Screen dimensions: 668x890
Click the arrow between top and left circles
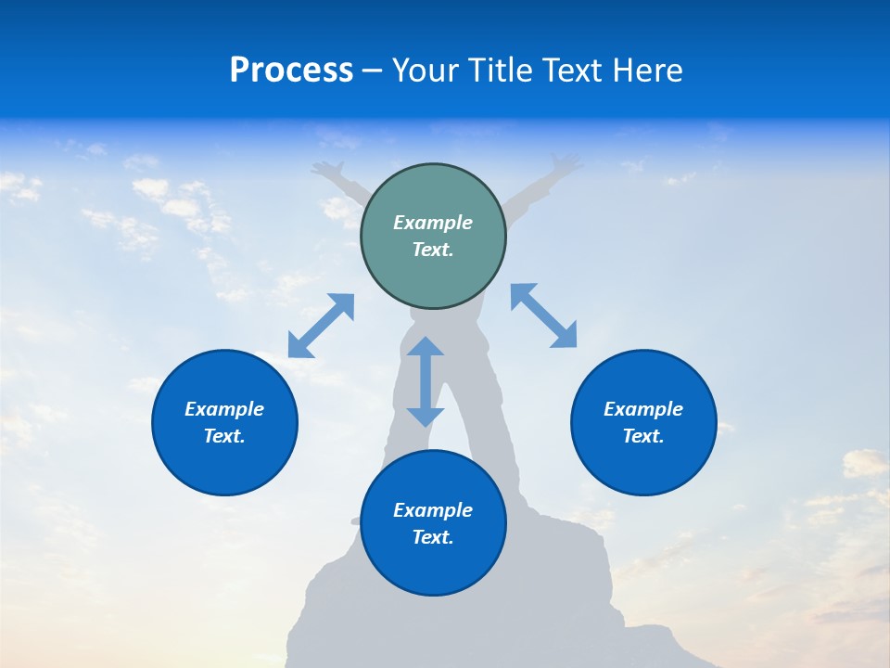pos(321,326)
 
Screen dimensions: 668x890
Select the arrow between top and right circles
pos(544,315)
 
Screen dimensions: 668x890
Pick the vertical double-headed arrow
pos(426,381)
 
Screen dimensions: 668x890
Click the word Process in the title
pos(291,71)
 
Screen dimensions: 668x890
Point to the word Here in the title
pos(648,71)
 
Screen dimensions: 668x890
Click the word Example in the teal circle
pos(433,223)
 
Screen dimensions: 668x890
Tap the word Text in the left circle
pos(224,436)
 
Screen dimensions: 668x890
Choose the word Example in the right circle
pos(643,409)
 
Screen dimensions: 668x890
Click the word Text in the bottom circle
pos(433,537)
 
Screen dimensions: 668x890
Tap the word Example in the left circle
pos(224,409)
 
